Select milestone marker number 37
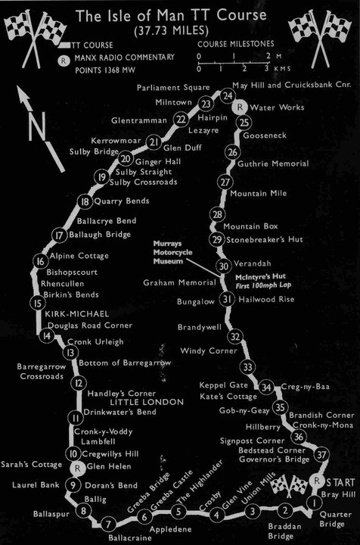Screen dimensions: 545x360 pyautogui.click(x=323, y=455)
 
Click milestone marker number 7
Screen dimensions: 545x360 pyautogui.click(x=109, y=523)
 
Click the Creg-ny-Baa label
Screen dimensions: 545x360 pyautogui.click(x=302, y=388)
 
